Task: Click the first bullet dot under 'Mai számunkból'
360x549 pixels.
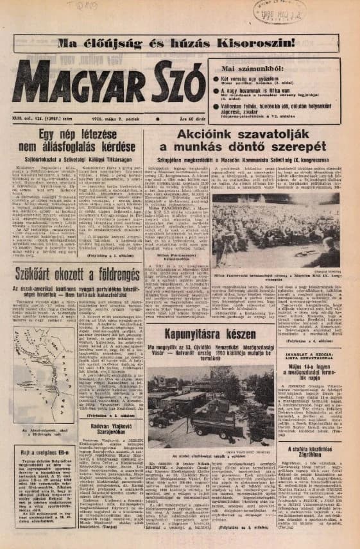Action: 216,79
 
